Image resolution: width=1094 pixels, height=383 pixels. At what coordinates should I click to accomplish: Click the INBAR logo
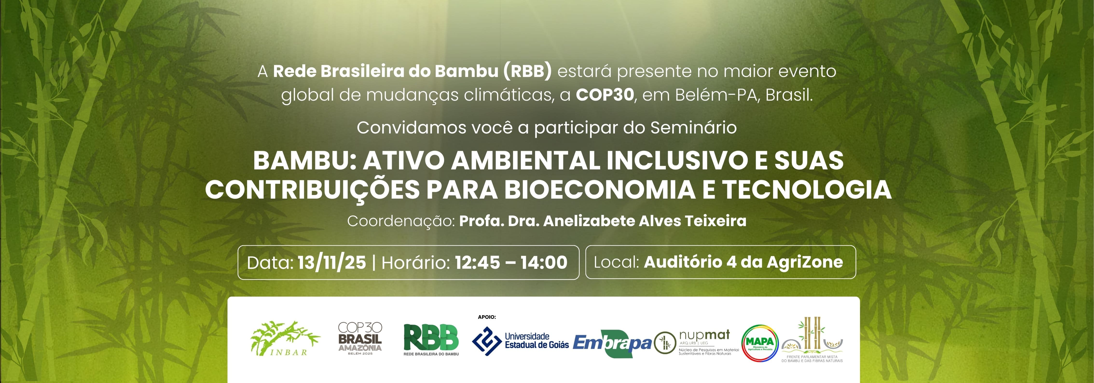[x=285, y=339]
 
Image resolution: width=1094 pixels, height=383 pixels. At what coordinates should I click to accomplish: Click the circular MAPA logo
[x=760, y=343]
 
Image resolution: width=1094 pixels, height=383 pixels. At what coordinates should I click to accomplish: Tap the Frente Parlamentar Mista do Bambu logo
[x=812, y=340]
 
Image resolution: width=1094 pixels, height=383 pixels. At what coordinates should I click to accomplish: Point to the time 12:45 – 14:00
[x=511, y=263]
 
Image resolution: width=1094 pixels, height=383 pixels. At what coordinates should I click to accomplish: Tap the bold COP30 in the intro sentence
[x=605, y=95]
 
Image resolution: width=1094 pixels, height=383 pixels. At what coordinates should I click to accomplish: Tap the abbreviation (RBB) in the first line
[x=528, y=71]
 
